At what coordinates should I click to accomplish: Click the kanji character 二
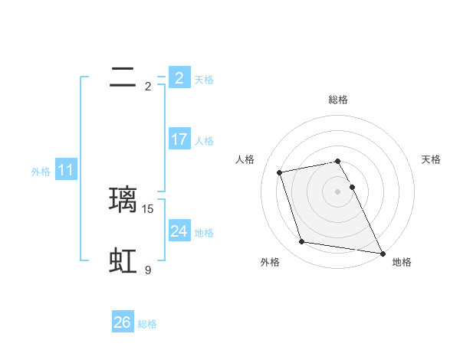(x=123, y=77)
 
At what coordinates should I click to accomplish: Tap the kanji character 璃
(x=123, y=200)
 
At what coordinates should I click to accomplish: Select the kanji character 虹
(x=123, y=261)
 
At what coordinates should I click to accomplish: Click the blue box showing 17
(x=179, y=139)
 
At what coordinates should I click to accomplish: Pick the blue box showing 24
(x=179, y=231)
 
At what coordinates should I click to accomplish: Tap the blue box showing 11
(x=66, y=170)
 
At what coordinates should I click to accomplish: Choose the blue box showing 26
(x=123, y=322)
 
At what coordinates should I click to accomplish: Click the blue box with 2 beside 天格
(x=179, y=77)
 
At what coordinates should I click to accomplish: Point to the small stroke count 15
(x=149, y=208)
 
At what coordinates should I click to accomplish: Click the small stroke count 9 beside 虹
(x=148, y=270)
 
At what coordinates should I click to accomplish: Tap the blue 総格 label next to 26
(x=147, y=324)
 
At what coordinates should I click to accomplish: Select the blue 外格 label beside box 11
(x=41, y=172)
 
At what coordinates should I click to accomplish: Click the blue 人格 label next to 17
(x=204, y=141)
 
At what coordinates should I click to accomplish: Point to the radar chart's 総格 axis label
(x=338, y=100)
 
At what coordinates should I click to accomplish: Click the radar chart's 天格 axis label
(x=431, y=159)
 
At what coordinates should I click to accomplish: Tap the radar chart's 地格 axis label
(x=402, y=263)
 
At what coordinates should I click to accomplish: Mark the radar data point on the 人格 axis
(x=280, y=172)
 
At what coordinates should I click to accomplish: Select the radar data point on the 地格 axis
(x=383, y=253)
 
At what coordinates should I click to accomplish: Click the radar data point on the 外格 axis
(x=302, y=242)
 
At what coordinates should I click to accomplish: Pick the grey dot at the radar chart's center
(x=338, y=191)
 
